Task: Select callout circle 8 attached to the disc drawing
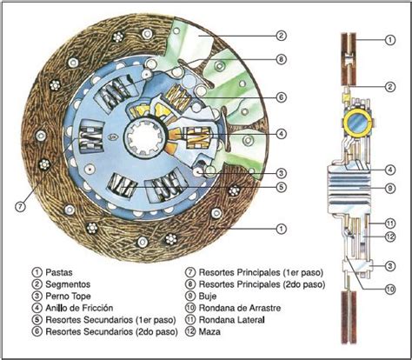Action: (x=281, y=60)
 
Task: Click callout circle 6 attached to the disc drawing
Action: (x=281, y=97)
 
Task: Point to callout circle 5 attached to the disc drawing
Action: (x=281, y=185)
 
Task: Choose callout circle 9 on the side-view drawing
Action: (x=391, y=187)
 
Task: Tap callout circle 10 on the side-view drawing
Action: (x=391, y=289)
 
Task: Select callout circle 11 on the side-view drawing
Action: (x=391, y=223)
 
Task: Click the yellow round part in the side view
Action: (x=356, y=122)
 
